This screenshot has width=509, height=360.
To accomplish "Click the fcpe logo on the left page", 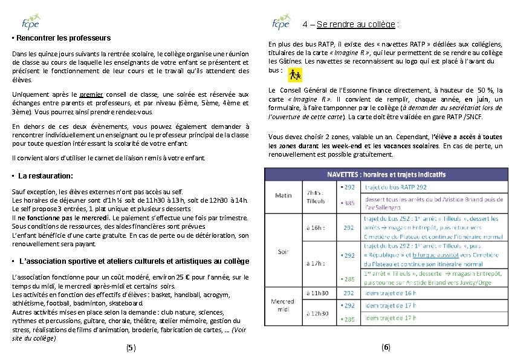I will (30, 21).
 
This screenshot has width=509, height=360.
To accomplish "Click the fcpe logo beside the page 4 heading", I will (281, 24).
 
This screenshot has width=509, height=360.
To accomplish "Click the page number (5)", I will (131, 348).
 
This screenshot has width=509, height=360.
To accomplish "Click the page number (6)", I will (386, 347).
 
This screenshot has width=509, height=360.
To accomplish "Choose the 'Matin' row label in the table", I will (284, 195).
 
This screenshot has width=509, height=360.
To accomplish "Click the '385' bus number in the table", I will (349, 203).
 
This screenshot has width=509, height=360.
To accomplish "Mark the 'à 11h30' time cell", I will (318, 293).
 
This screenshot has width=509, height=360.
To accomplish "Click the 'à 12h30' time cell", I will (318, 313).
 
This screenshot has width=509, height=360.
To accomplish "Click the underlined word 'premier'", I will (91, 94).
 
